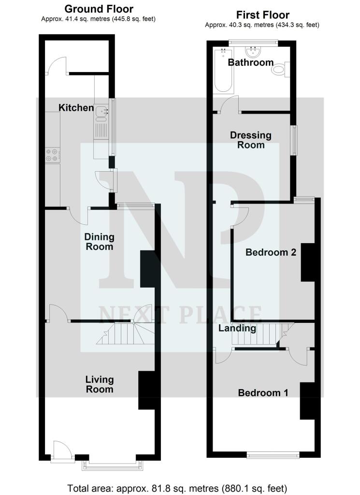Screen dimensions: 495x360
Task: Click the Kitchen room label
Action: (x=76, y=107)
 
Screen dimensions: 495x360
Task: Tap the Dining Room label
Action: (x=99, y=242)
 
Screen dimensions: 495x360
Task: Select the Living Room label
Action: (x=100, y=384)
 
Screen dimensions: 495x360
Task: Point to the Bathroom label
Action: (x=251, y=62)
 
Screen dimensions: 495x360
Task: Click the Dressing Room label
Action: (x=251, y=140)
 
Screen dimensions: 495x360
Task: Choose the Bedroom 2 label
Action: (x=271, y=252)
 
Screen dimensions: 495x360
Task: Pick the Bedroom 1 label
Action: (x=263, y=393)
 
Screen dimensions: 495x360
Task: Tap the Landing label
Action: (x=237, y=329)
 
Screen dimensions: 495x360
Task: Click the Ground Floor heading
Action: (x=99, y=9)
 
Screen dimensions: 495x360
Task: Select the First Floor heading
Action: (x=261, y=15)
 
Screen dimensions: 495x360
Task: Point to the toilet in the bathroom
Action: (x=280, y=71)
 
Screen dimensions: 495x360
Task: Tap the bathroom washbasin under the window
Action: (x=252, y=51)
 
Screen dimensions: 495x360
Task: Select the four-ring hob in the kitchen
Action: (x=53, y=154)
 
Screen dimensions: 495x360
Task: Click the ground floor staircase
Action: (x=125, y=334)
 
